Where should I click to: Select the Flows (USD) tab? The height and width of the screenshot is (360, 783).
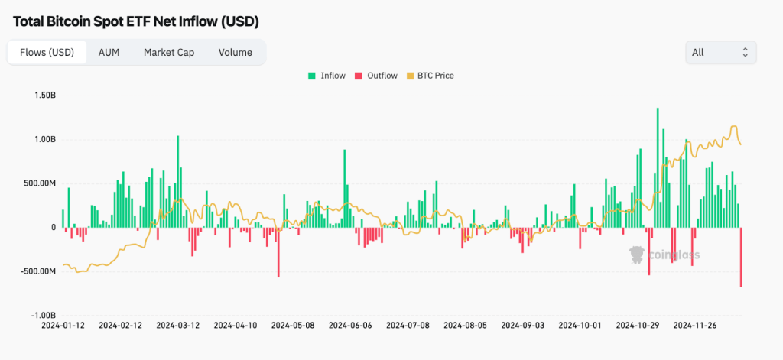coord(41,53)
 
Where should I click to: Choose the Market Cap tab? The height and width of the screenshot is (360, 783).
coord(169,53)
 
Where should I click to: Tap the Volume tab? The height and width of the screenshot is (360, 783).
coord(235,53)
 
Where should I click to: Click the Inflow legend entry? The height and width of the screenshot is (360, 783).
coord(327,76)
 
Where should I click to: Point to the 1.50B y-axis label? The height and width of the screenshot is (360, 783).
coord(44,96)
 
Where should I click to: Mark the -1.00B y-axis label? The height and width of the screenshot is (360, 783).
coord(43,315)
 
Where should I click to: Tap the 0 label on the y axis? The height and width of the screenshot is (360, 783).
coord(54,227)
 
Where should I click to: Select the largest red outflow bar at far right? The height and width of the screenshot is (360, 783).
coord(741,257)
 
